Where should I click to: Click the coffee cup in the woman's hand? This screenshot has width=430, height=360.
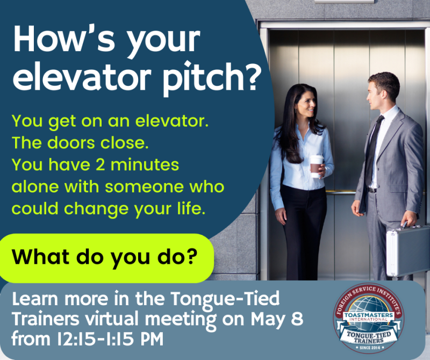(x=317, y=166)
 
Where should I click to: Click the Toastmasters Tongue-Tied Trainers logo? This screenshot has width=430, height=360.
(x=369, y=318)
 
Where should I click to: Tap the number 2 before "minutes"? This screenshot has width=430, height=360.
(x=100, y=164)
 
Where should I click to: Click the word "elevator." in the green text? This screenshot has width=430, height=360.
(x=172, y=121)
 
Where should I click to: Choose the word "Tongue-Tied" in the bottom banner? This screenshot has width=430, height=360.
(x=225, y=299)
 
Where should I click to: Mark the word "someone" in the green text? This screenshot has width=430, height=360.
(x=145, y=187)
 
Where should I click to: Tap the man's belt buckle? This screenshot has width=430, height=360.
(x=372, y=190)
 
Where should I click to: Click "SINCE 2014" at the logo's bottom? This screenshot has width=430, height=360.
(x=369, y=348)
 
